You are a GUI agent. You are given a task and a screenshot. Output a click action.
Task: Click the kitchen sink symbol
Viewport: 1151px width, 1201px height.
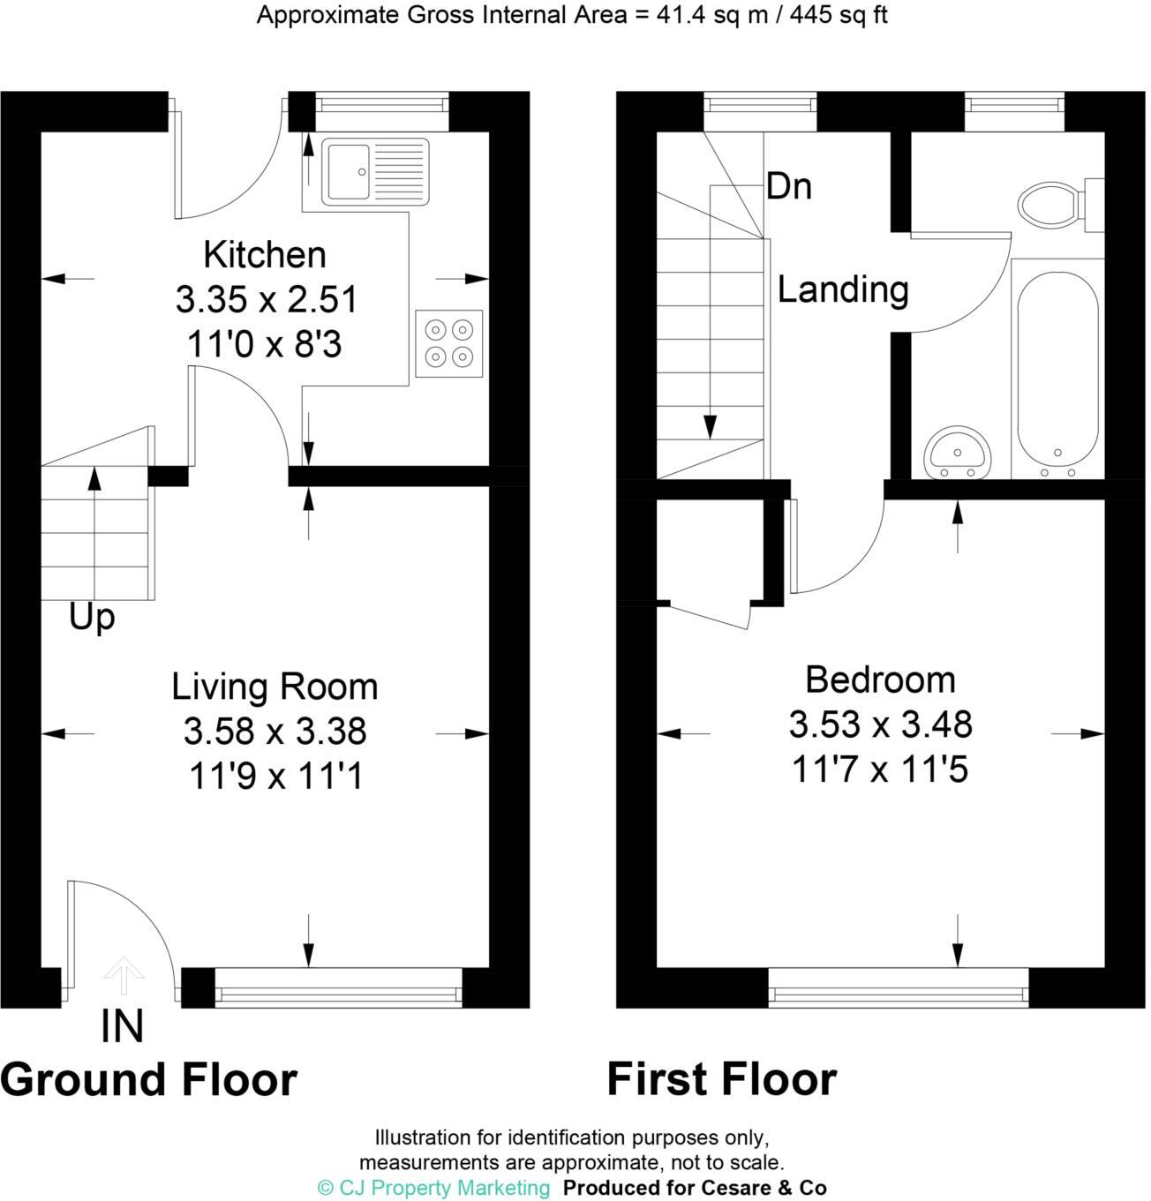coord(375,169)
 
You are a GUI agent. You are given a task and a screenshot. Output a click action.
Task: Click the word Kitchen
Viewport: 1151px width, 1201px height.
coord(265,255)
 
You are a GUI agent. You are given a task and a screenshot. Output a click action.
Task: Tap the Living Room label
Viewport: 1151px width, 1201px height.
coord(275,687)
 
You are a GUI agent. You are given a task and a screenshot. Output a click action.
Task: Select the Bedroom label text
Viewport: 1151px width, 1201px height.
coord(880,680)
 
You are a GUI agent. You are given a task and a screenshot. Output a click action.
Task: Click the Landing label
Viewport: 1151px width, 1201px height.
coord(843,289)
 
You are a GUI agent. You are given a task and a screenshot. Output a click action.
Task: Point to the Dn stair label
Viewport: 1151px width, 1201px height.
coord(788,187)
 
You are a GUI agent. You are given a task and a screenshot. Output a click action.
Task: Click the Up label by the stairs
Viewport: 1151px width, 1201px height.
coord(92,618)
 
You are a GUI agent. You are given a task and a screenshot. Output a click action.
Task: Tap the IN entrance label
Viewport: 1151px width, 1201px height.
coord(123,1027)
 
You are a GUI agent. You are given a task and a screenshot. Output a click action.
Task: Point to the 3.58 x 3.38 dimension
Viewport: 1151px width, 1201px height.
coord(275,732)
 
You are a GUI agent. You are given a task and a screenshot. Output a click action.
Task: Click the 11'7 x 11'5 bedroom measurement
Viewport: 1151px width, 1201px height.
coord(880,770)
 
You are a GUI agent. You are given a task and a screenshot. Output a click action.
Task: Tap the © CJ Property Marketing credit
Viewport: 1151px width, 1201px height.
coord(433,1188)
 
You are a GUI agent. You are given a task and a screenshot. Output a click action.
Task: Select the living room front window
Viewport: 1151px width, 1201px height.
coord(338,988)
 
